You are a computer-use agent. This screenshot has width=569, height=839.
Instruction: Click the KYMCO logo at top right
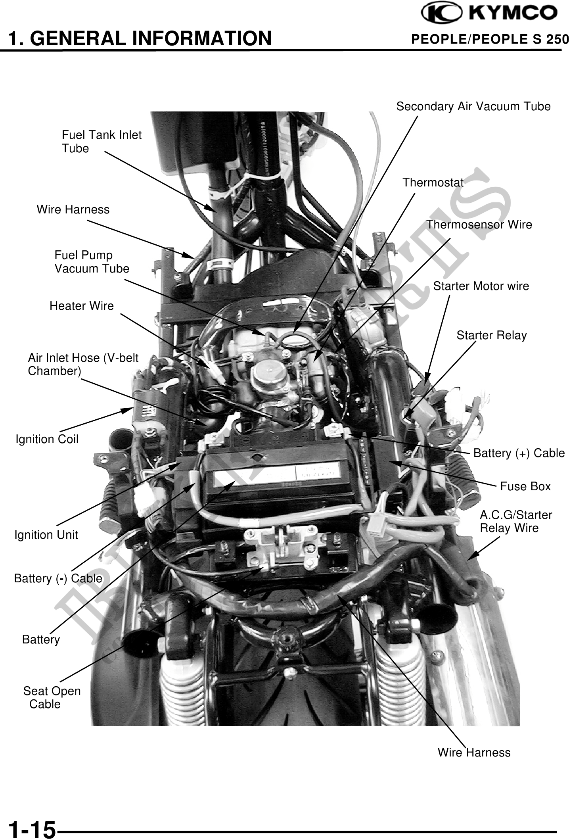tap(489, 14)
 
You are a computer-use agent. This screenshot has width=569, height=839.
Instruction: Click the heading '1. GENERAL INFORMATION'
tap(140, 38)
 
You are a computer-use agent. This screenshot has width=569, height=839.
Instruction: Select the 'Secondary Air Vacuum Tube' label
tap(473, 106)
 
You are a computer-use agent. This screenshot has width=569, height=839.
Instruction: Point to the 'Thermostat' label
tap(433, 182)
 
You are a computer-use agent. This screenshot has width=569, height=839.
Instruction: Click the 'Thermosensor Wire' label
tap(479, 225)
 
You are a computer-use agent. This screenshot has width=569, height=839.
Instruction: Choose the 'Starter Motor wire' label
tap(481, 286)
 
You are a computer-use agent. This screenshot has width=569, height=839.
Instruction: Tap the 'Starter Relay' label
tap(491, 335)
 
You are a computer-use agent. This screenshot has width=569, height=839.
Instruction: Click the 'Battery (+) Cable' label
tap(519, 453)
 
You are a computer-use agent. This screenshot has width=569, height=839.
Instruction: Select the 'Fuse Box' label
tap(525, 486)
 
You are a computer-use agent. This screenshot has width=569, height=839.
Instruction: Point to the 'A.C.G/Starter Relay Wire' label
tap(515, 522)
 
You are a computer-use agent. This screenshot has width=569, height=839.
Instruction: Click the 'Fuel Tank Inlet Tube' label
tap(101, 142)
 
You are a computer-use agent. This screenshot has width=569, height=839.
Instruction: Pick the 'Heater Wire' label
tap(81, 306)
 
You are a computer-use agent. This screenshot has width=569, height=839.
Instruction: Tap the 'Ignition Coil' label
tap(47, 439)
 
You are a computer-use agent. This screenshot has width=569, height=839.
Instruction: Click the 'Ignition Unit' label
tap(46, 535)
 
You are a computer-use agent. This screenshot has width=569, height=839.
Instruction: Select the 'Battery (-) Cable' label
tap(58, 578)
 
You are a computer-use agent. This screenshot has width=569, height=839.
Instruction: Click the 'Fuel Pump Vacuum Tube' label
tap(92, 262)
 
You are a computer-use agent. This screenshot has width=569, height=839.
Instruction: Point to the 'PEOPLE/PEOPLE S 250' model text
tap(490, 39)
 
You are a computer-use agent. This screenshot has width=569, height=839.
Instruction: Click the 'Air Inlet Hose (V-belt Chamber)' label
tap(83, 364)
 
